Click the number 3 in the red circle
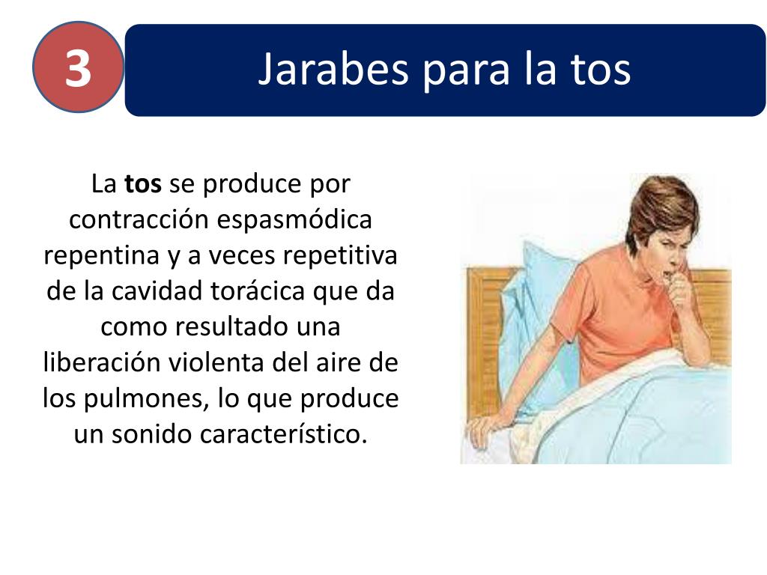pyautogui.click(x=77, y=68)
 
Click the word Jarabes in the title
pyautogui.click(x=333, y=70)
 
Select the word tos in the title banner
pyautogui.click(x=599, y=70)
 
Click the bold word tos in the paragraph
pyautogui.click(x=142, y=183)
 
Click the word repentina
pyautogui.click(x=100, y=255)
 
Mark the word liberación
pyautogui.click(x=99, y=363)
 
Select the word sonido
pyautogui.click(x=152, y=435)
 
